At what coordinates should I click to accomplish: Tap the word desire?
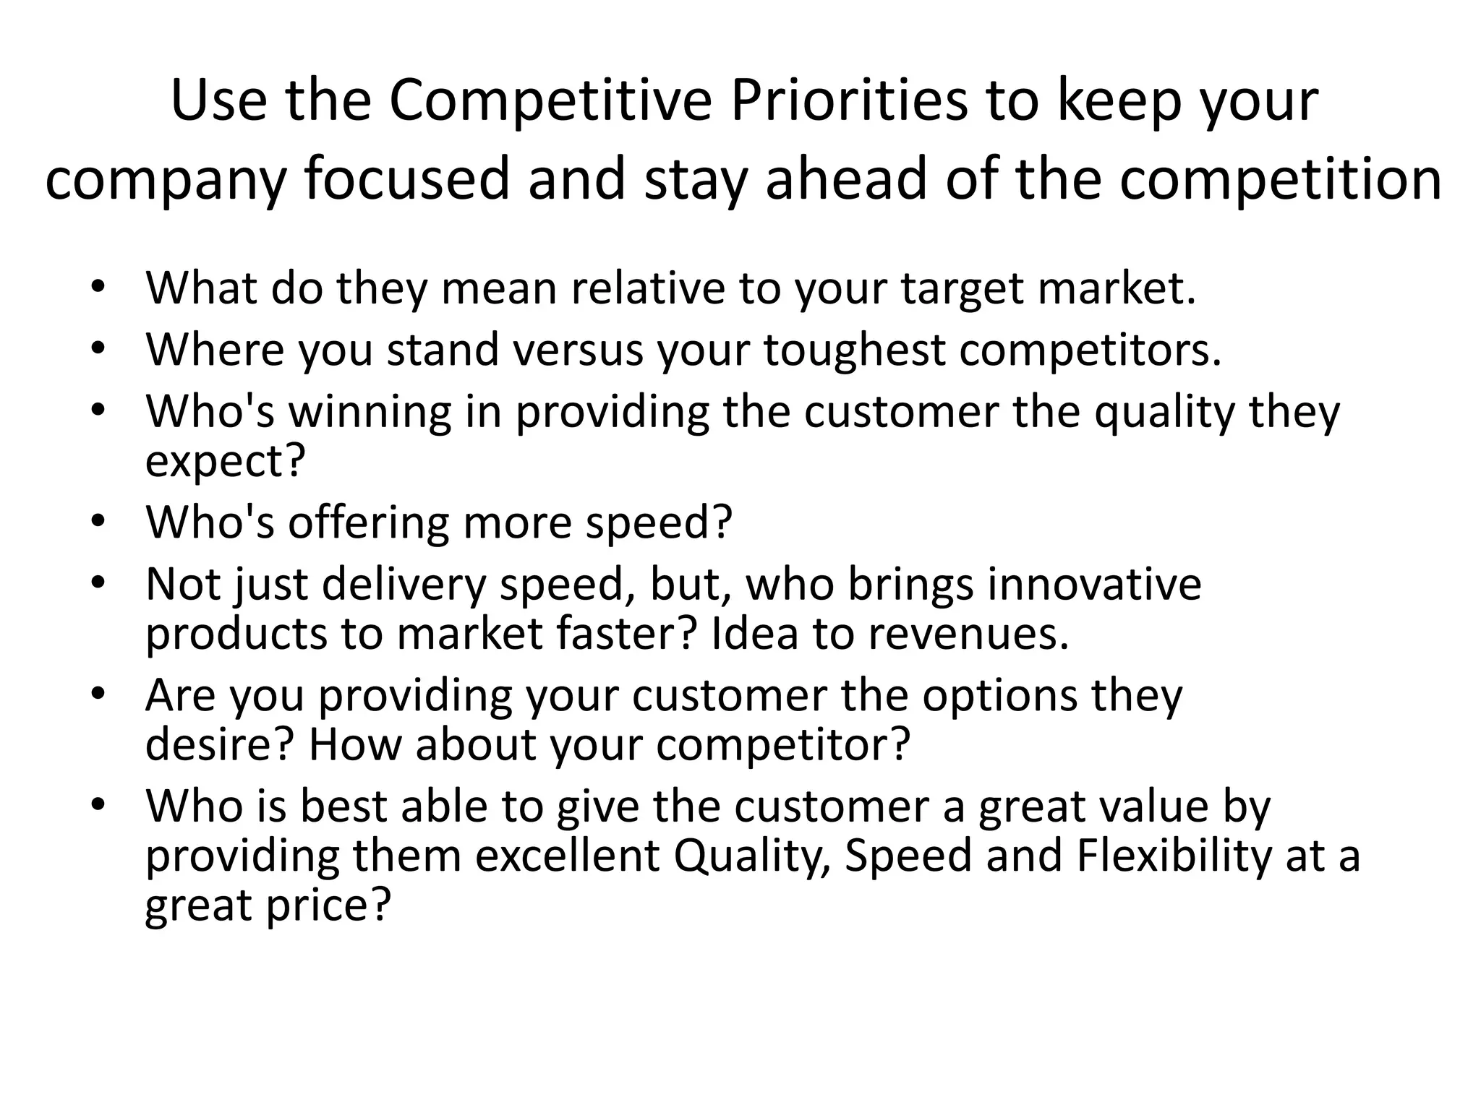point(218,744)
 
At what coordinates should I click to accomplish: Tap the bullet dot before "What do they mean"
point(99,287)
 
